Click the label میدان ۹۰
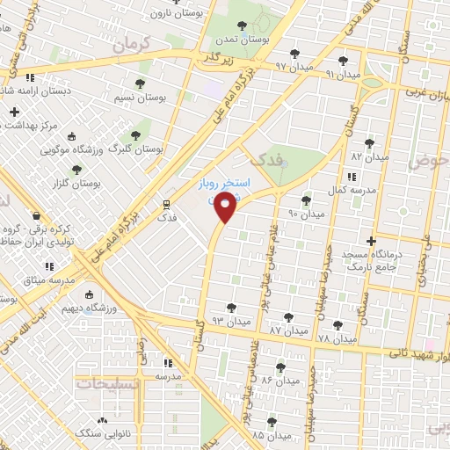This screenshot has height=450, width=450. [x=307, y=214]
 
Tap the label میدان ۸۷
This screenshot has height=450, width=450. [x=288, y=330]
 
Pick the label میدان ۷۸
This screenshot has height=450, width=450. [x=337, y=338]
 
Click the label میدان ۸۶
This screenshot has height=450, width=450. [x=280, y=381]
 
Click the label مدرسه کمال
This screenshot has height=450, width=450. [x=334, y=190]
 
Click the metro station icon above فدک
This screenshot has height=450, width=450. [x=164, y=203]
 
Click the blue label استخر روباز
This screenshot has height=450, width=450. [x=222, y=185]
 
